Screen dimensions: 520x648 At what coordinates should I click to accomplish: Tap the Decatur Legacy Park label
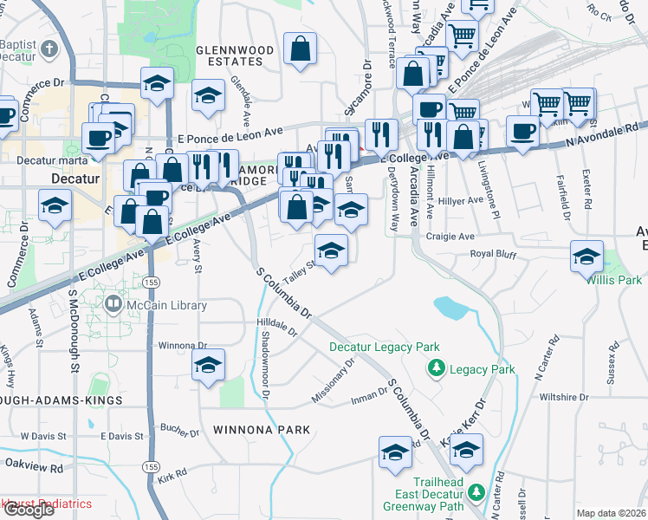tap(385, 348)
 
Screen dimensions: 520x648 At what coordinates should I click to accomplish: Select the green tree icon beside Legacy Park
tap(437, 369)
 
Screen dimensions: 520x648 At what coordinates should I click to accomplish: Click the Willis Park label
tap(613, 281)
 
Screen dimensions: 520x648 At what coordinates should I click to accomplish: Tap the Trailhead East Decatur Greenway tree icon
tap(476, 492)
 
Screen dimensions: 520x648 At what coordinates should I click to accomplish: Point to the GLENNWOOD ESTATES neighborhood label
tap(229, 56)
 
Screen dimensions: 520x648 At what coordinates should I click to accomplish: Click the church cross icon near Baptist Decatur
tap(51, 49)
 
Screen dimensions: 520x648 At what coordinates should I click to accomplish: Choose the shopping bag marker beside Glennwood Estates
tap(300, 51)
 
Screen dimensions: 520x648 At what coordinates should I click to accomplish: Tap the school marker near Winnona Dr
tap(208, 367)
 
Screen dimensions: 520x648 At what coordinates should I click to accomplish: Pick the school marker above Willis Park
tap(586, 257)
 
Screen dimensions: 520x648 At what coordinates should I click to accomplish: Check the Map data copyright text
tap(612, 513)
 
